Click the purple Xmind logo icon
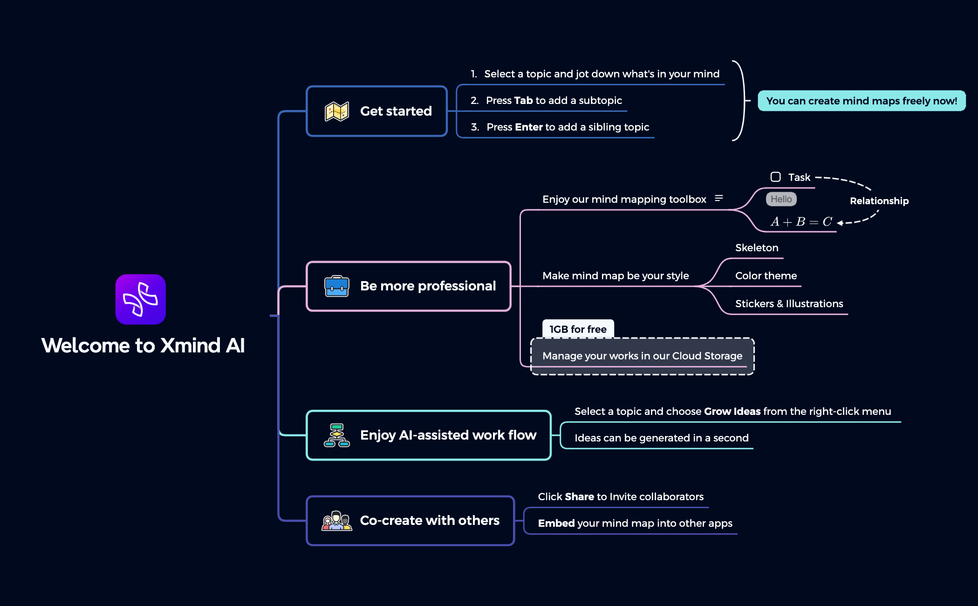coord(141,299)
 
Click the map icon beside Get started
coord(337,111)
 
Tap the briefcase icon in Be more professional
coord(337,286)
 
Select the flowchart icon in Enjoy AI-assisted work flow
coord(337,435)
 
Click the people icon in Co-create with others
coord(337,521)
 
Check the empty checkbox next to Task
coord(775,177)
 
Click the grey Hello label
coord(781,199)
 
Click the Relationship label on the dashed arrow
coord(879,201)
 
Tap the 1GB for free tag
coord(578,329)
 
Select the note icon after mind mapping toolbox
coord(719,199)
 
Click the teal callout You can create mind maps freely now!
coord(862,101)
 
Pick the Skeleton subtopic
coord(757,248)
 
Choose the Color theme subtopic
coord(766,275)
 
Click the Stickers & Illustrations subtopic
coord(789,303)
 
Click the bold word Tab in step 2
coord(523,100)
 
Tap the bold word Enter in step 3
coord(529,127)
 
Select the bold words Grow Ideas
coord(732,411)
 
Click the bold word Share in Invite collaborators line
coord(579,496)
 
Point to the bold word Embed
coord(556,523)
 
